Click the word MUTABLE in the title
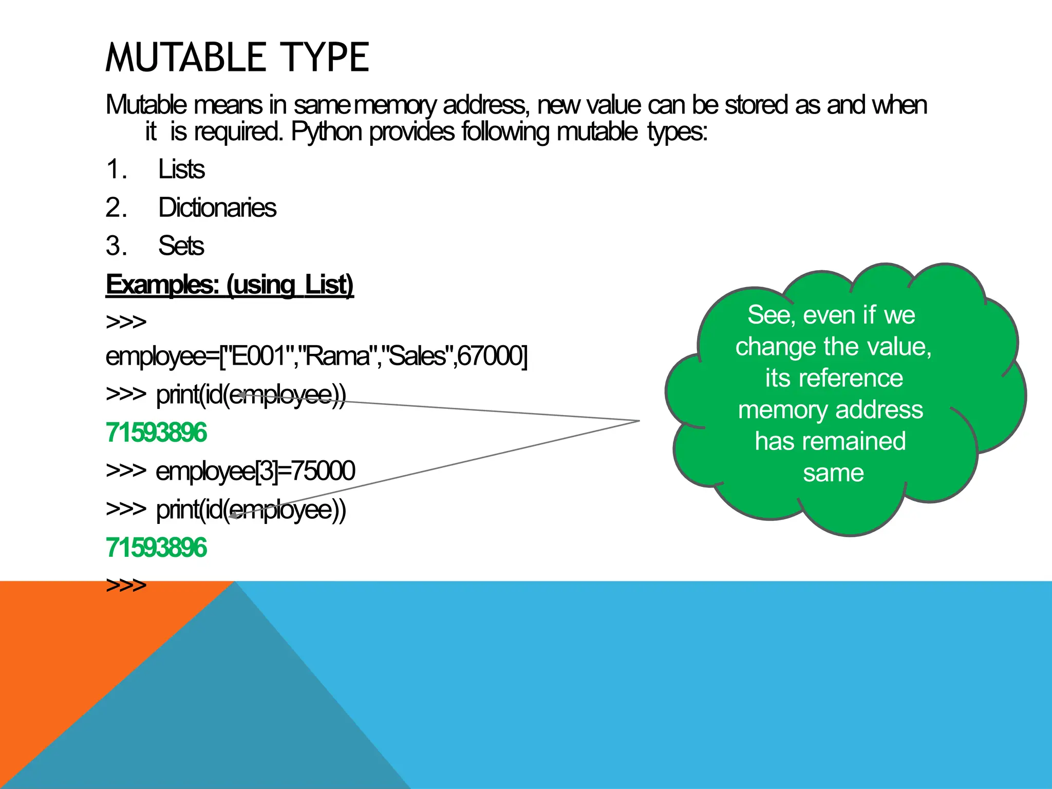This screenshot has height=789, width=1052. [186, 58]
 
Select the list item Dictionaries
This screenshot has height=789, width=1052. [217, 208]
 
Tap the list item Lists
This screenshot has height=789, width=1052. [181, 170]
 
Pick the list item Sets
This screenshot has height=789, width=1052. [181, 246]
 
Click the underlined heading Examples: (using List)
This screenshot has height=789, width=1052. [230, 285]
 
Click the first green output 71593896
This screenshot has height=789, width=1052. [156, 433]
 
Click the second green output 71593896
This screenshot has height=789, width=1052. [156, 548]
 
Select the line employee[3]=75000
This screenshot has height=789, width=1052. [255, 471]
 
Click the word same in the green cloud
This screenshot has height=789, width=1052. [833, 473]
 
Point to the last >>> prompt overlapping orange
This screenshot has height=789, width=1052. [126, 585]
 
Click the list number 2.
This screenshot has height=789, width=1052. [116, 208]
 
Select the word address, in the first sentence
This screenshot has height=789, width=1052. [485, 105]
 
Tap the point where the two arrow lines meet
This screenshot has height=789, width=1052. [639, 421]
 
